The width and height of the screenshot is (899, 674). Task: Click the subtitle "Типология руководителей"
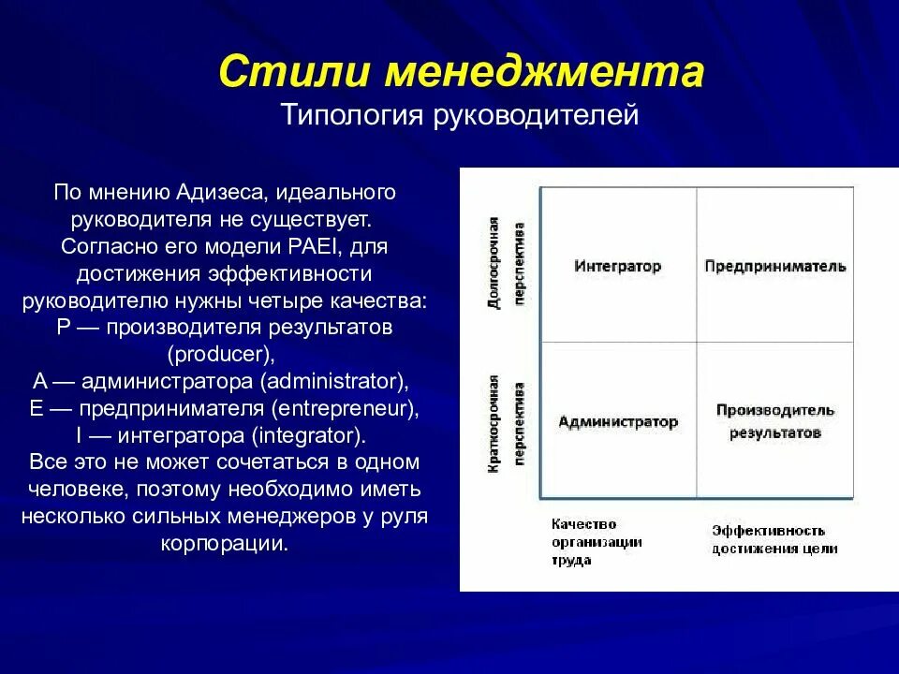(460, 117)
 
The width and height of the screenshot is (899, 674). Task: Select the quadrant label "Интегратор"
(617, 266)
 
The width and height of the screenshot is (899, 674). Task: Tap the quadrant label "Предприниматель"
(774, 266)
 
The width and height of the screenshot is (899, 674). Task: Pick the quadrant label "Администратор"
(617, 421)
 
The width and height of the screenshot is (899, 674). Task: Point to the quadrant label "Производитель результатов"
(774, 421)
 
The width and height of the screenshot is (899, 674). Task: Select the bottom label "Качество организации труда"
(583, 542)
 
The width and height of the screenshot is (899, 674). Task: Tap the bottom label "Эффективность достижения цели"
(774, 540)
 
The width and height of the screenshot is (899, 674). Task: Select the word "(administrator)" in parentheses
(334, 382)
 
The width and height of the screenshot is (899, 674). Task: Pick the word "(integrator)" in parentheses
(305, 436)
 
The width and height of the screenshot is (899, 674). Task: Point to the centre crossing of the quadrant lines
(697, 343)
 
